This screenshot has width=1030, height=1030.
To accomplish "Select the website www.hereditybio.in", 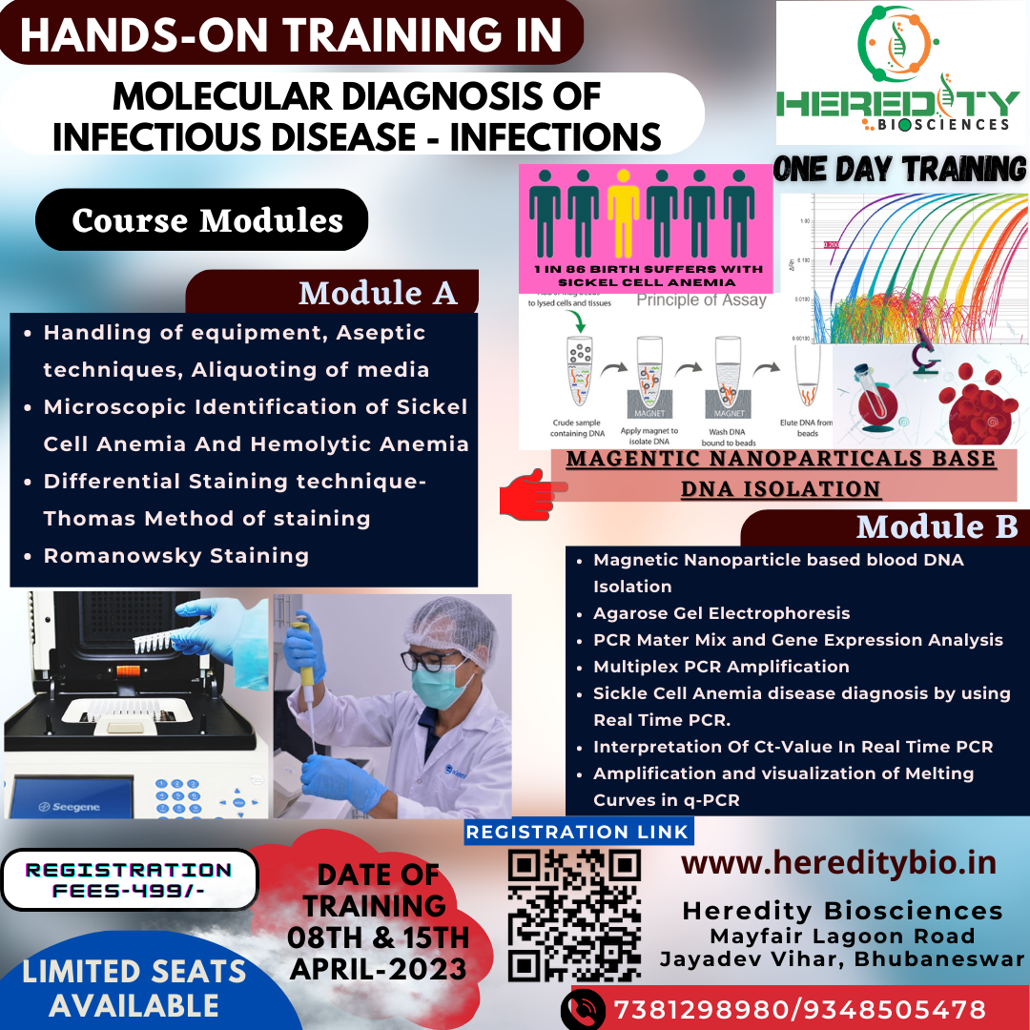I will click(x=838, y=863).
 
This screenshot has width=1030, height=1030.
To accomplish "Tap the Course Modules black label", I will click(x=207, y=220).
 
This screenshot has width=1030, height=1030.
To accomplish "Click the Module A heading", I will click(x=378, y=293).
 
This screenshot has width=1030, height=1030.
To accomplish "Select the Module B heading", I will click(x=937, y=526).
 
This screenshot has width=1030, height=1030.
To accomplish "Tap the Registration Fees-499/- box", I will click(x=128, y=879).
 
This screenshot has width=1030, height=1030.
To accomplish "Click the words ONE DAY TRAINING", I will click(x=899, y=170).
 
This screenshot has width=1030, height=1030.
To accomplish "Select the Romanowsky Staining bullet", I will click(x=176, y=555).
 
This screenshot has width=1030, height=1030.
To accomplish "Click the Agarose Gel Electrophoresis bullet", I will click(x=721, y=613).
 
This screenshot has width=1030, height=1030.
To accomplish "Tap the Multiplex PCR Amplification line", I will click(x=721, y=667).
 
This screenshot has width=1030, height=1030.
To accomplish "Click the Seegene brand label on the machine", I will click(x=71, y=807).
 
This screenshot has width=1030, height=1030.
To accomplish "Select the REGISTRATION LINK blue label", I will click(x=578, y=832).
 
